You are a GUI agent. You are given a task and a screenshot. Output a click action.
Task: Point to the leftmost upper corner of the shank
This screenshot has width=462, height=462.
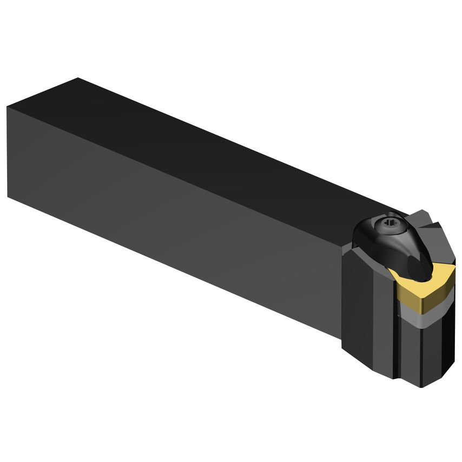tap(8, 107)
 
